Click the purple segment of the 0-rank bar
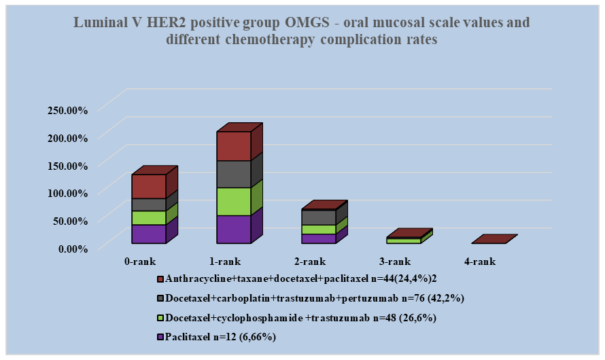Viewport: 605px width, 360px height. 149,234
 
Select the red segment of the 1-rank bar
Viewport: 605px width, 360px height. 234,146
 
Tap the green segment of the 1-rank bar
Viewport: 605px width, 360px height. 234,201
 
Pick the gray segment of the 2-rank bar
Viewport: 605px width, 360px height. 318,217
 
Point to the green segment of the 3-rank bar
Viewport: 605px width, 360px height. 403,240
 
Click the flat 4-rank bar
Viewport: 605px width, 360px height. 494,239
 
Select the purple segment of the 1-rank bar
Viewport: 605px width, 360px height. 234,229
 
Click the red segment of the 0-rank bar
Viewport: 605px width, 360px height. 149,186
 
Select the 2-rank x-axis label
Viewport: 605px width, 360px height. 310,262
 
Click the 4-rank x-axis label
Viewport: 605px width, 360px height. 480,262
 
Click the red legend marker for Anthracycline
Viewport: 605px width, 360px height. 160,279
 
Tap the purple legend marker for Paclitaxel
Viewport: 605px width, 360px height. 160,336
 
